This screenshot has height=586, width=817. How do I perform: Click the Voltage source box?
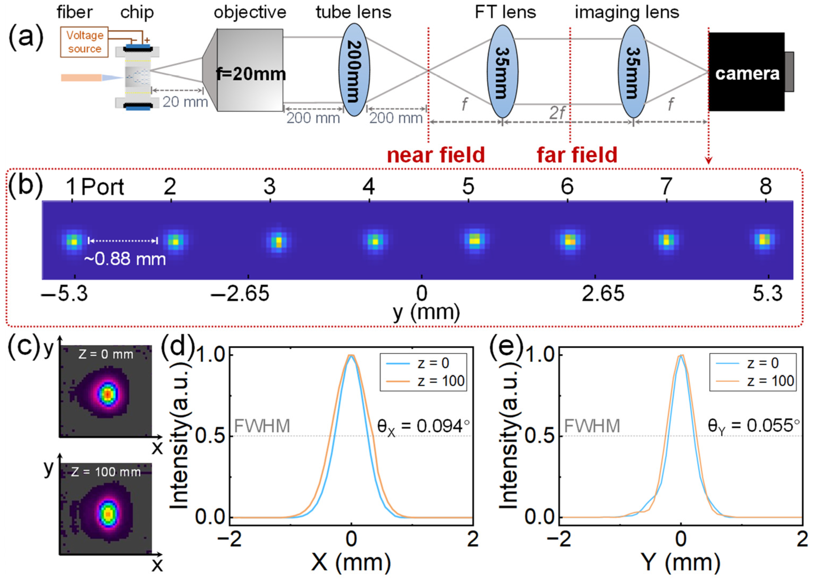84,42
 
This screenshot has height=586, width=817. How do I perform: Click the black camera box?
746,72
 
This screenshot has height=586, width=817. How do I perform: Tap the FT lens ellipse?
502,71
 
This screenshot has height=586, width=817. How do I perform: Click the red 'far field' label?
577,155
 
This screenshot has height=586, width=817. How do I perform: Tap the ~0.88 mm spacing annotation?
125,259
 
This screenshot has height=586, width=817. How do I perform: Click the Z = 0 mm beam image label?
106,354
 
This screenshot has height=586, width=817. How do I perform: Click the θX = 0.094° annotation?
423,426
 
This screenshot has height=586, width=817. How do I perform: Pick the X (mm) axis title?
351,562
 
